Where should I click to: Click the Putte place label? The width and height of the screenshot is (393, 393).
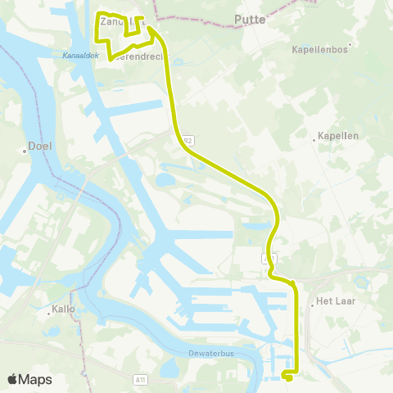(x=250, y=18)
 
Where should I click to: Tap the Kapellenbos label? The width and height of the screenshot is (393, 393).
(x=316, y=49)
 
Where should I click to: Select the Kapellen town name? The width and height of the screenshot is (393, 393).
(x=338, y=135)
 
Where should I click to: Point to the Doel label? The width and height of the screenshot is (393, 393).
(x=39, y=146)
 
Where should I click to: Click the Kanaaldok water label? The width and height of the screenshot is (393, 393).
(x=79, y=56)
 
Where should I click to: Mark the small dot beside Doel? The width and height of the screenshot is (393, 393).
(x=25, y=151)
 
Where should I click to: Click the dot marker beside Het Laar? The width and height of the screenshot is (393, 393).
(x=312, y=302)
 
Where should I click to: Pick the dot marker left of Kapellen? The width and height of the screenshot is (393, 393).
(x=314, y=139)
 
